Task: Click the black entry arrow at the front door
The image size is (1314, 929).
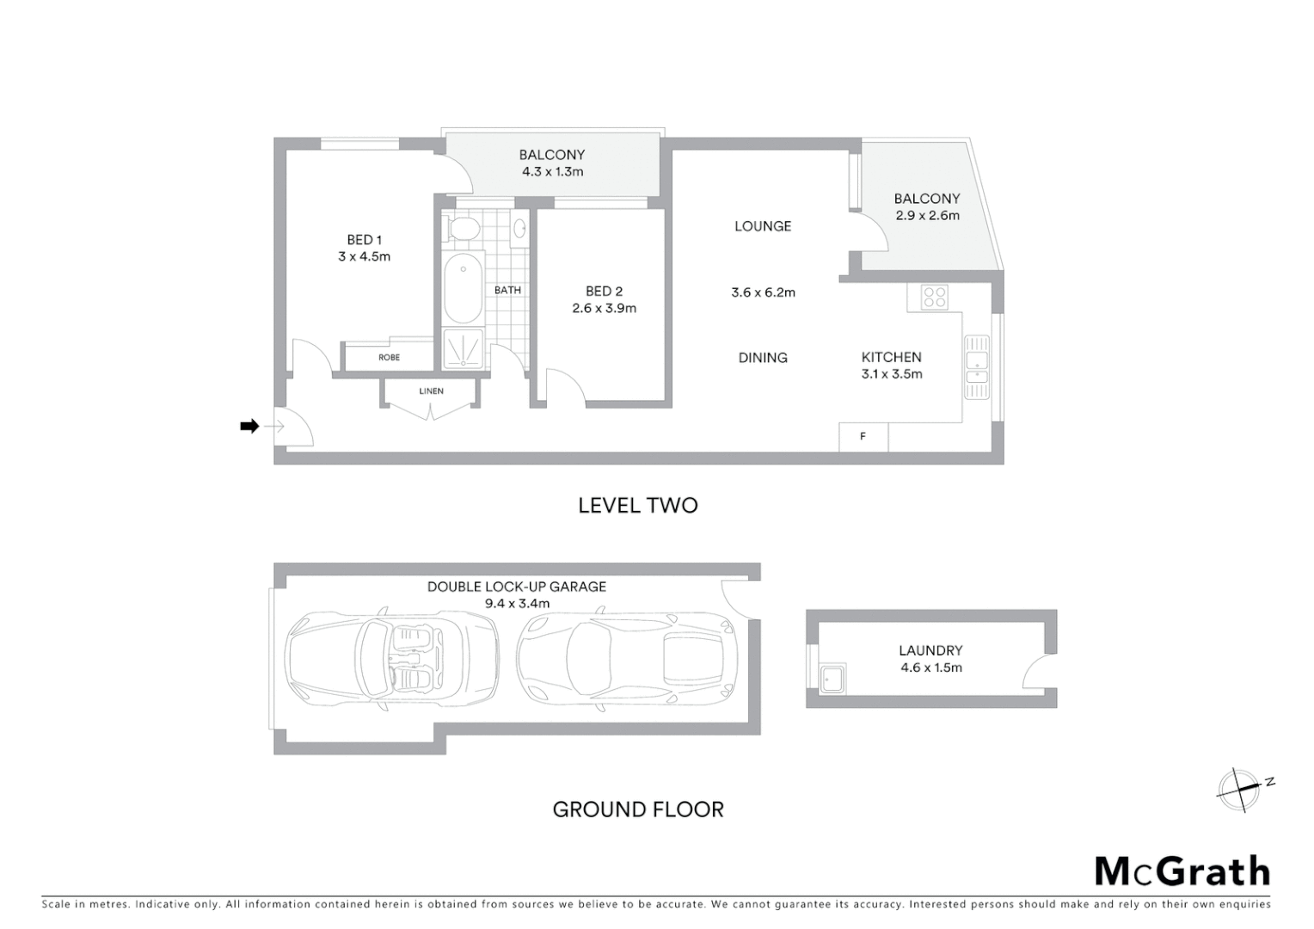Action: click(249, 426)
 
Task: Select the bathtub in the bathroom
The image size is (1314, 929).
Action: click(463, 288)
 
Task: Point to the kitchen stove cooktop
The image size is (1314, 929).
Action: click(934, 297)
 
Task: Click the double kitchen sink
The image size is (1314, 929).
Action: click(977, 366)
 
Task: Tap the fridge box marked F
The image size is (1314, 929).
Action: click(863, 437)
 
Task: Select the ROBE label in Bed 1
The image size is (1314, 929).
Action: click(389, 357)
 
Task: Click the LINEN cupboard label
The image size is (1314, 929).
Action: click(431, 391)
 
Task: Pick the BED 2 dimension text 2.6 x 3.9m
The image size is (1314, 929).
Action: click(604, 308)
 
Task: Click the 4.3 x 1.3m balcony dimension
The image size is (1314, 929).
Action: click(552, 171)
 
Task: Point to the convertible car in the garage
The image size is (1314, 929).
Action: click(392, 659)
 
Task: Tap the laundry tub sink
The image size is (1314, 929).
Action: click(832, 678)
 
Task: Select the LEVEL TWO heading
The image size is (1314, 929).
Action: click(637, 505)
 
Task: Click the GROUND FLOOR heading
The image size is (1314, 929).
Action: click(637, 809)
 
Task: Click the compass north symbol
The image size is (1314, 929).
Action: click(1240, 789)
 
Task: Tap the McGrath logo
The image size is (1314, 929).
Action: click(1182, 871)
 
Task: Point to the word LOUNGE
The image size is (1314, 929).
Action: click(762, 226)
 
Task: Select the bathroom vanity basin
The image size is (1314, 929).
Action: click(519, 229)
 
